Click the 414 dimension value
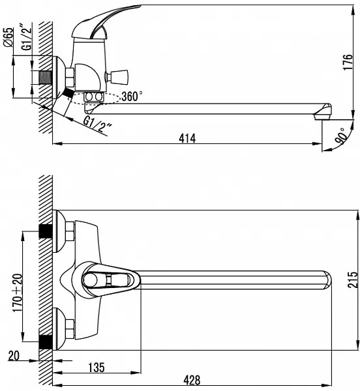tap(187, 138)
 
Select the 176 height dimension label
tap(348, 62)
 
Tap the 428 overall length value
tap(192, 381)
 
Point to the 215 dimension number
tap(353, 280)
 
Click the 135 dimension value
tap(97, 368)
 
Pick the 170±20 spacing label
tap(18, 293)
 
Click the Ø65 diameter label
tap(8, 37)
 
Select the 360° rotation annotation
tap(132, 96)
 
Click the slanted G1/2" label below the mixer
tap(97, 124)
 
